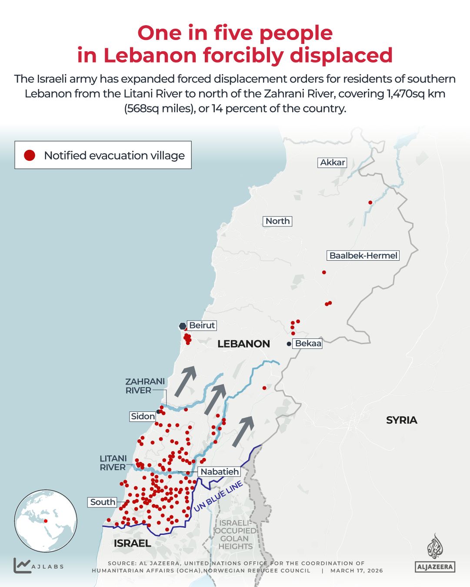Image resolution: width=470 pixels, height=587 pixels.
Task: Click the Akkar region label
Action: (x=333, y=163)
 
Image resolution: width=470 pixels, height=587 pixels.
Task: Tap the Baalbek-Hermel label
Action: (x=363, y=255)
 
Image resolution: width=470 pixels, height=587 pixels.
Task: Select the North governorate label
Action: (x=277, y=221)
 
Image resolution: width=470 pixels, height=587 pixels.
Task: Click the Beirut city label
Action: (x=202, y=325)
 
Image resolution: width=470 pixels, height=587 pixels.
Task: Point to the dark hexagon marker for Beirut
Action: (x=183, y=326)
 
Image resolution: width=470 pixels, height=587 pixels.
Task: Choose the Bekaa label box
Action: (x=308, y=344)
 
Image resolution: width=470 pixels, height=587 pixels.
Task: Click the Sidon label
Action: (x=143, y=416)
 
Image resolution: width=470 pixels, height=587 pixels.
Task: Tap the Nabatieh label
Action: (x=220, y=471)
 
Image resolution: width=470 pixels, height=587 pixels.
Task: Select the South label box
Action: (x=103, y=502)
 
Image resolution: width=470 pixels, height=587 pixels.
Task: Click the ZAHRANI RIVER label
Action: (x=145, y=386)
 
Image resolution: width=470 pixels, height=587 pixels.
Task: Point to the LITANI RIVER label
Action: (x=113, y=463)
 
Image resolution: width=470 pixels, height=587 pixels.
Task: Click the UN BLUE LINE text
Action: (x=218, y=497)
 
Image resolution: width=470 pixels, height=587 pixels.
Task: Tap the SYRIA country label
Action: (x=401, y=420)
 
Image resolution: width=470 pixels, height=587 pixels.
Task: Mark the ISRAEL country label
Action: (x=132, y=543)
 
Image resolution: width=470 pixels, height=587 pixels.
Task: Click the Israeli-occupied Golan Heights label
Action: (x=235, y=534)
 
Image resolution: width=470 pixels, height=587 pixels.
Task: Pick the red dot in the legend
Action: (x=30, y=155)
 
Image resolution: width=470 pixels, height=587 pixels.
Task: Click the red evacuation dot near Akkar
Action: (x=370, y=202)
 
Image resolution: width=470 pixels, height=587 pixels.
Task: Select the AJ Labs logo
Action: (x=38, y=565)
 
